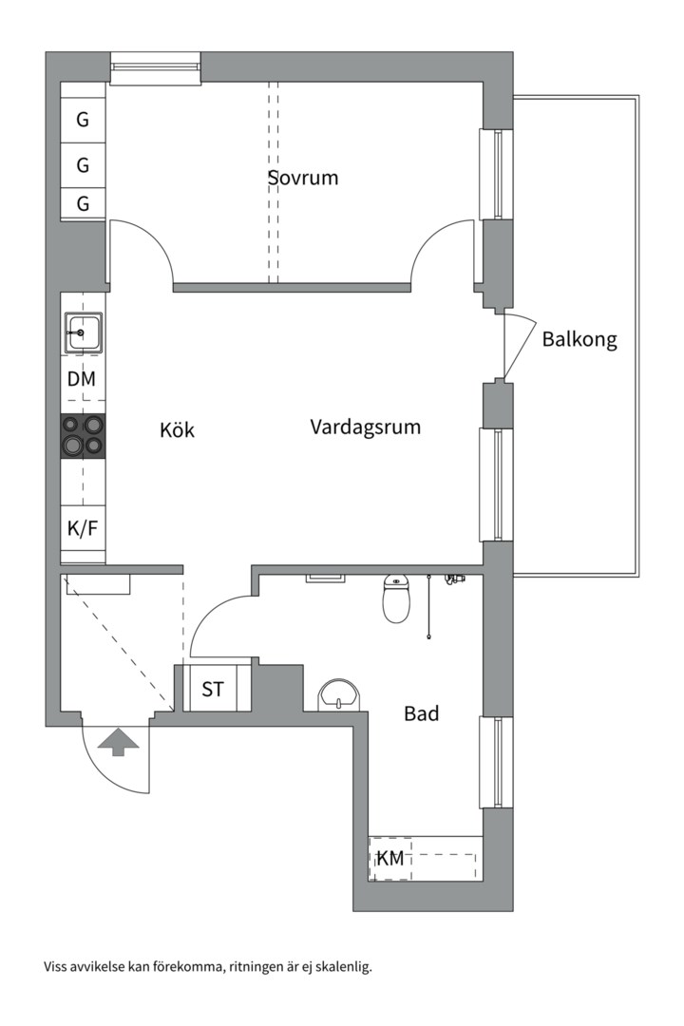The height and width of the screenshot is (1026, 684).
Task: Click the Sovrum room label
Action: click(302, 178)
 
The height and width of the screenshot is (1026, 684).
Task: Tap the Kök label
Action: click(177, 429)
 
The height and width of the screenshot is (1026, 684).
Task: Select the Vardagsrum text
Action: click(365, 427)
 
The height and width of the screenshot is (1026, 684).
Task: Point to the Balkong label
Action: click(579, 339)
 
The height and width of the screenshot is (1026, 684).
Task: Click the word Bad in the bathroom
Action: click(421, 712)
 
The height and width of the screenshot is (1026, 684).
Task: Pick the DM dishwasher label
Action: click(82, 379)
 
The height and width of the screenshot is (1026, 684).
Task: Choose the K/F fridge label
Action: click(82, 529)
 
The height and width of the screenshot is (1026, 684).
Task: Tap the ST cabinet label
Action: click(213, 689)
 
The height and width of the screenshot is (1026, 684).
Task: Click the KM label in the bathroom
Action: click(390, 859)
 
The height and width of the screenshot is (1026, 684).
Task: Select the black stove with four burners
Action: click(83, 436)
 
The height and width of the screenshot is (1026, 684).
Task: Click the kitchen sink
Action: click(83, 333)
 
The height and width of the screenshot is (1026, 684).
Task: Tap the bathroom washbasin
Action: click(339, 695)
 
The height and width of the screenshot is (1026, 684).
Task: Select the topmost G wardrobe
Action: click(83, 121)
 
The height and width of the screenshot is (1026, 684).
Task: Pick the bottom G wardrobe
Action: click(83, 203)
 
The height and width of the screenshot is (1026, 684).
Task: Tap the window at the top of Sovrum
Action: click(155, 66)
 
